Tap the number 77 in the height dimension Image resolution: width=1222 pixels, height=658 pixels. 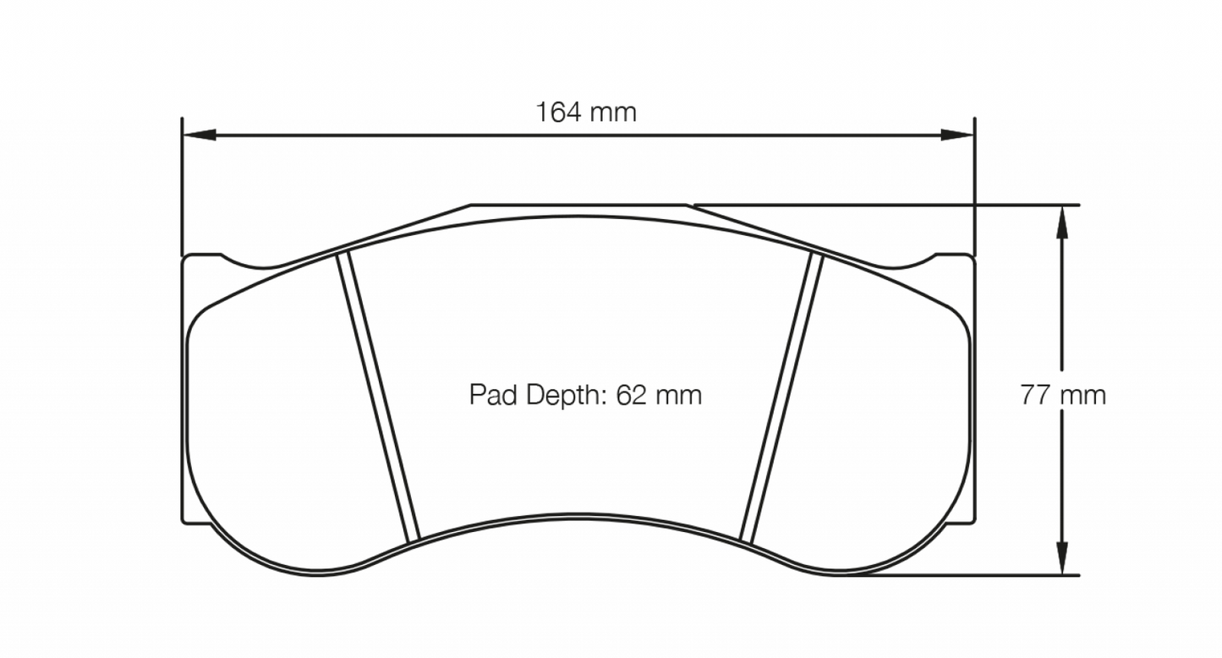click(1035, 395)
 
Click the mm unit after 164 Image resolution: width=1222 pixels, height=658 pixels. click(613, 112)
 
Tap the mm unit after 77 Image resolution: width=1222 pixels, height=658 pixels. click(1083, 395)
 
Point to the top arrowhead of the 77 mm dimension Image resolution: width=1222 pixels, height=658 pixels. click(1062, 221)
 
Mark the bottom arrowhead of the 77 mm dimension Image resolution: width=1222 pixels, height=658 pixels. click(1062, 560)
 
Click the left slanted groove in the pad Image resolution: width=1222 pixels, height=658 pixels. click(378, 398)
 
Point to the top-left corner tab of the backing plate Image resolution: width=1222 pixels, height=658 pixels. click(201, 257)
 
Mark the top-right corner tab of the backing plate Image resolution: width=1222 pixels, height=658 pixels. click(956, 257)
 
